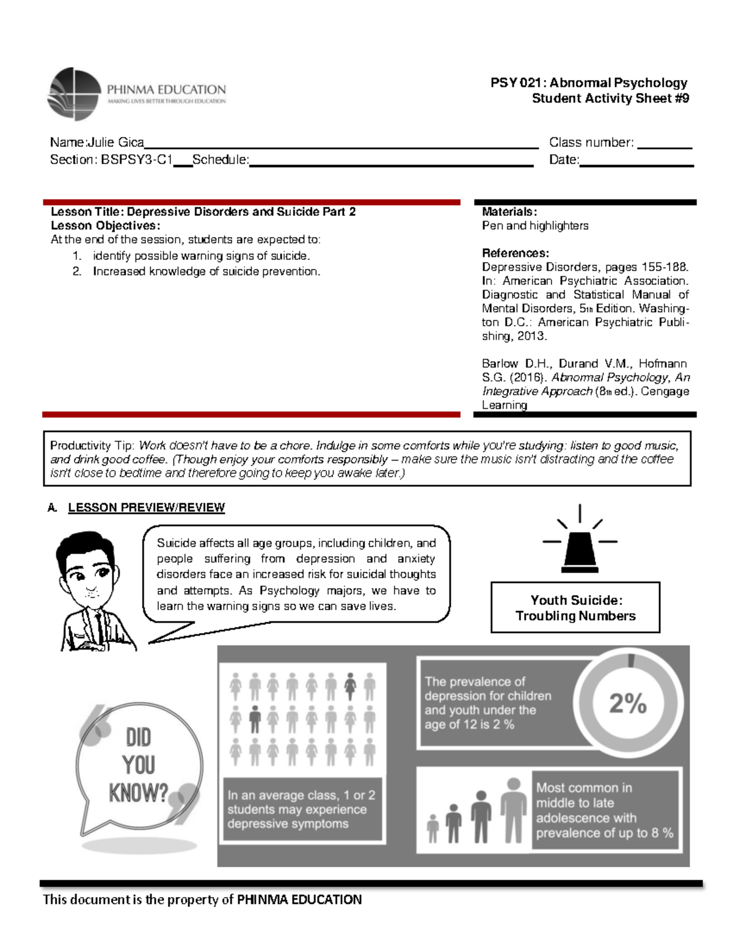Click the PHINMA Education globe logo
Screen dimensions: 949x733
pyautogui.click(x=74, y=93)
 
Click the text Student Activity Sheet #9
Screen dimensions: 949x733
pyautogui.click(x=610, y=98)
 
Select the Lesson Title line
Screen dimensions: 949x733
pyautogui.click(x=203, y=212)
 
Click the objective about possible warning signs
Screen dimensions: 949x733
pyautogui.click(x=201, y=256)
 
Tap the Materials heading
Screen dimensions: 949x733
pyautogui.click(x=509, y=212)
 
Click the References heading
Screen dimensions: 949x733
pyautogui.click(x=515, y=253)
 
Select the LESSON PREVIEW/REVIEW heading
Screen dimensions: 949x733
pyautogui.click(x=146, y=508)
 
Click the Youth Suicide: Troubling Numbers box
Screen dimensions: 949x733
pyautogui.click(x=575, y=607)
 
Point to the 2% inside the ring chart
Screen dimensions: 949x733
pyautogui.click(x=627, y=703)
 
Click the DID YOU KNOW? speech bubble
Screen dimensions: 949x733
pyautogui.click(x=139, y=766)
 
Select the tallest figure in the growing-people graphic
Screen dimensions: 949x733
pyautogui.click(x=514, y=810)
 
